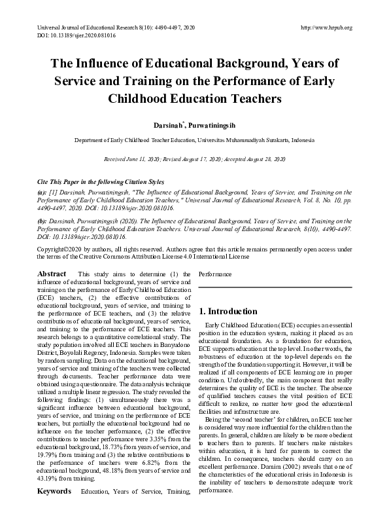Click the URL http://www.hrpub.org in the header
tap(325, 27)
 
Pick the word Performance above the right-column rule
tap(215, 274)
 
